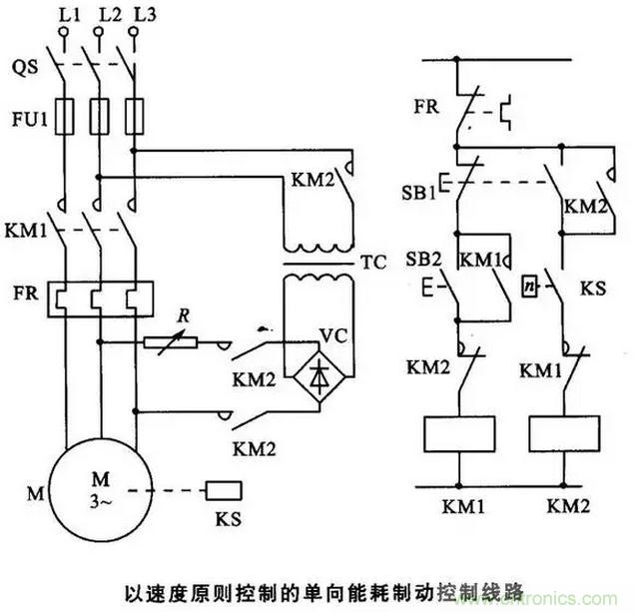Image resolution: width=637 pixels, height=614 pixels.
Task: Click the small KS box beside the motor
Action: (222, 489)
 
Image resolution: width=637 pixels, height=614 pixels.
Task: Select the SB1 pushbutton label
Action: (420, 191)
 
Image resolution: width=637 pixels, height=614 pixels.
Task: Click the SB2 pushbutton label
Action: (421, 258)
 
